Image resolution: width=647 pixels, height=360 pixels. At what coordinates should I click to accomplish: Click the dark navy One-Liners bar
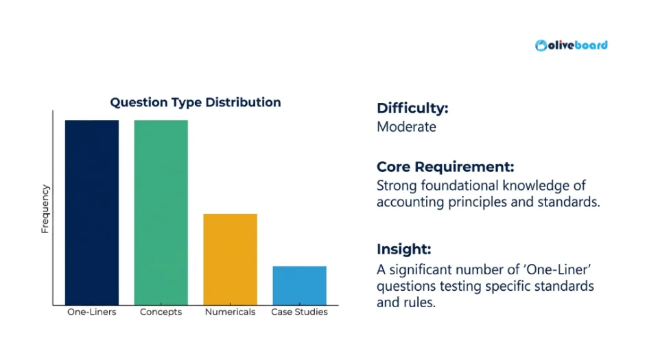click(92, 213)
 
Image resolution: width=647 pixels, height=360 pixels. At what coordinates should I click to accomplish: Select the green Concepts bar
click(161, 213)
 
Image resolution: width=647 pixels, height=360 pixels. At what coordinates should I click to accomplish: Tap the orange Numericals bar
click(230, 259)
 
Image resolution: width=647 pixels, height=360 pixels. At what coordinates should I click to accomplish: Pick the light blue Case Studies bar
click(299, 285)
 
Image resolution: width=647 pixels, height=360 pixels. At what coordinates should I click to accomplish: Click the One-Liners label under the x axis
click(92, 312)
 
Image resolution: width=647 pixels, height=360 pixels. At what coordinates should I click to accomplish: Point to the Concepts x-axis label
click(161, 312)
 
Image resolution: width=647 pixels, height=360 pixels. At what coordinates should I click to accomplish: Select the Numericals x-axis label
click(230, 312)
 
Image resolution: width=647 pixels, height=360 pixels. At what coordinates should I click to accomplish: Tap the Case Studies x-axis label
click(299, 312)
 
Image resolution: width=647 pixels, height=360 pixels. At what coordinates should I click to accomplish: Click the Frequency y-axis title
click(45, 209)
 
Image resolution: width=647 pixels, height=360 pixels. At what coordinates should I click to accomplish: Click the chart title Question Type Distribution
click(196, 102)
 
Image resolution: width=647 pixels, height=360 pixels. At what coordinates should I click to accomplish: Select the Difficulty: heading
click(412, 108)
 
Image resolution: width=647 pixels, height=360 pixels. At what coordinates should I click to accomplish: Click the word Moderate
click(406, 127)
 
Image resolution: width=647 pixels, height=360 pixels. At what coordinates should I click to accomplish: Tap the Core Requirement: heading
click(445, 167)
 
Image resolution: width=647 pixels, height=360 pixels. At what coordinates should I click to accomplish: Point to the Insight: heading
click(403, 250)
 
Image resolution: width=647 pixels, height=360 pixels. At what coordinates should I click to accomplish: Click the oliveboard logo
click(572, 45)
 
